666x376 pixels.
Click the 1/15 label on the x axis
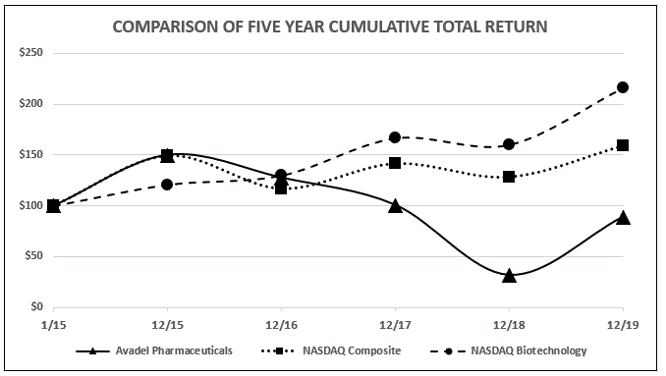53,323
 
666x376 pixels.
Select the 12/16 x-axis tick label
281,323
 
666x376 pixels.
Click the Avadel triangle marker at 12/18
509,276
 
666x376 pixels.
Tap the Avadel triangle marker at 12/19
623,217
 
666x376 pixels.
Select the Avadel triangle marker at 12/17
395,205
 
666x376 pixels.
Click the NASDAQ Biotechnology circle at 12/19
623,87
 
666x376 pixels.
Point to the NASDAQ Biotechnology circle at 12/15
167,185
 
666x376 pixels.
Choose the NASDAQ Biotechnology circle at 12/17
395,137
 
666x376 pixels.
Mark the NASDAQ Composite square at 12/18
509,177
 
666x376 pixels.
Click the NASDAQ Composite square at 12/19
623,145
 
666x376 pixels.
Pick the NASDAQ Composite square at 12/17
395,163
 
